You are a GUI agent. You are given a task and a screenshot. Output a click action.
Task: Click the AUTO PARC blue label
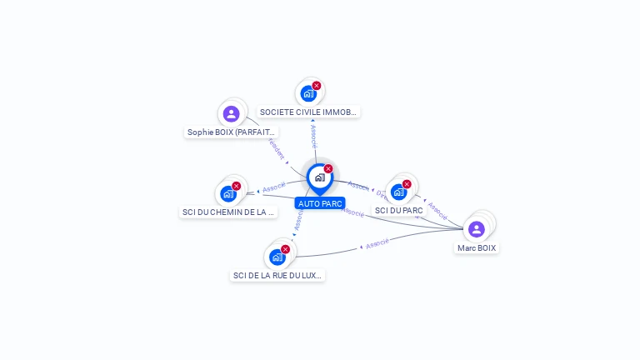tap(320, 203)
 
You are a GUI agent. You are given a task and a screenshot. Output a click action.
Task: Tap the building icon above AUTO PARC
tap(319, 177)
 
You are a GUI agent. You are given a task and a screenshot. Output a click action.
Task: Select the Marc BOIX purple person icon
tap(477, 228)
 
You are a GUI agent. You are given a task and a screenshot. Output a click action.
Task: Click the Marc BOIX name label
tap(477, 247)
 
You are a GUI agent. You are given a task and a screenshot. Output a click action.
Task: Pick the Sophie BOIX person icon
tap(232, 113)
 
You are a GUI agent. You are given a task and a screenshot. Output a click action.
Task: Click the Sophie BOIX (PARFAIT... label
tap(231, 132)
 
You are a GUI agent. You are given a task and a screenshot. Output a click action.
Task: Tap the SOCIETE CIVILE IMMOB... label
tap(308, 112)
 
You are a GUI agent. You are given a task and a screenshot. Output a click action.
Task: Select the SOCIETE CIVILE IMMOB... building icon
tap(307, 93)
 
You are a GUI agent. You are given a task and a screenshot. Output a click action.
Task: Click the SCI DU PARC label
tap(399, 210)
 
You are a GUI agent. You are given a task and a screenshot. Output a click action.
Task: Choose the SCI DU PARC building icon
tap(398, 192)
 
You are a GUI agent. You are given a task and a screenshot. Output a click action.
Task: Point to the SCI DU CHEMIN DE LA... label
tap(228, 212)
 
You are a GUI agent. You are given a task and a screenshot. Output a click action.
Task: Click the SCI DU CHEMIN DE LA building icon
tap(227, 194)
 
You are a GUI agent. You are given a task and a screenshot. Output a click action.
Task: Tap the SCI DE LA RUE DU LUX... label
tap(277, 275)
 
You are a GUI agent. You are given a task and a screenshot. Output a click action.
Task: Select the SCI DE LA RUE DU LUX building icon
tap(277, 257)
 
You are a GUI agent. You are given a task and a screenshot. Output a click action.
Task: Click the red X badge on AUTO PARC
tap(328, 168)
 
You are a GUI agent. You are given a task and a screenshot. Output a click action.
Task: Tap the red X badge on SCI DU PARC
tap(407, 184)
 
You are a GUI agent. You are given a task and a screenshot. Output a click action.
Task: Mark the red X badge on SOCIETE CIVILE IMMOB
tap(317, 85)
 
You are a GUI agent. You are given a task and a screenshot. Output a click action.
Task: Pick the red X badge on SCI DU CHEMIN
tap(236, 186)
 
